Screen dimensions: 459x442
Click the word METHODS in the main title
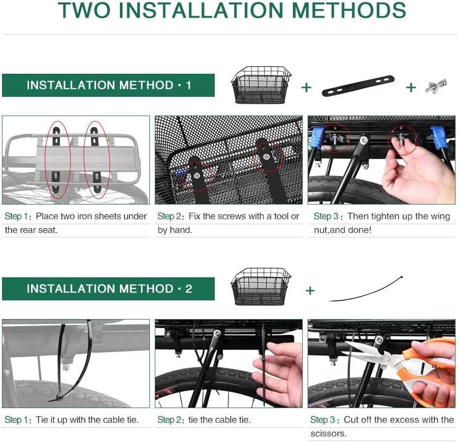click(x=349, y=10)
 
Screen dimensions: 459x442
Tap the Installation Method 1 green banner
click(x=108, y=85)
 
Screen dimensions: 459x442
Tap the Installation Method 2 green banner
click(x=108, y=289)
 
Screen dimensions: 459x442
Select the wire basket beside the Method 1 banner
click(x=261, y=85)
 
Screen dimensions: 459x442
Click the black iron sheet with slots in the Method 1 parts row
click(x=358, y=86)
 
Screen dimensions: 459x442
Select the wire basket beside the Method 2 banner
click(x=261, y=287)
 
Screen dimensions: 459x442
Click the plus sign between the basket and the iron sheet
click(x=306, y=88)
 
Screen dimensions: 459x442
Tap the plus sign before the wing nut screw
click(x=411, y=88)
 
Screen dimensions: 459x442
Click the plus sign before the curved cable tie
click(x=310, y=291)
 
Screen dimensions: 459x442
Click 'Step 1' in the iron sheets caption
click(x=18, y=216)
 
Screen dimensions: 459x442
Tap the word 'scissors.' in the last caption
click(x=328, y=434)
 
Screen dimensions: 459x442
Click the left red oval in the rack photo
click(x=45, y=160)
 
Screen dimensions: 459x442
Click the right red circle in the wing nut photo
click(x=389, y=141)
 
